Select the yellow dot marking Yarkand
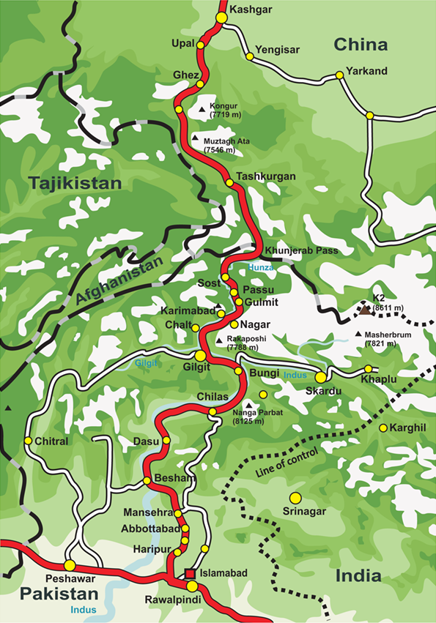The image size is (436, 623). [x=339, y=75]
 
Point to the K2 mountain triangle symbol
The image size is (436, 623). [x=364, y=310]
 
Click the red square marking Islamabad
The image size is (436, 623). [x=190, y=573]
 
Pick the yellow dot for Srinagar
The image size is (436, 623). [x=295, y=498]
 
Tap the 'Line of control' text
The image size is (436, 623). [x=287, y=461]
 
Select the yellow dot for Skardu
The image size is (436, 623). [x=321, y=376]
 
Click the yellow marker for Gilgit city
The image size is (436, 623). [x=200, y=355]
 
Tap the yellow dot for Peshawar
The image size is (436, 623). [x=70, y=565]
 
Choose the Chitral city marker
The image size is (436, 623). [x=28, y=441]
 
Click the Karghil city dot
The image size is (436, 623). [x=383, y=428]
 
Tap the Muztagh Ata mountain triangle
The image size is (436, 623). [x=195, y=138]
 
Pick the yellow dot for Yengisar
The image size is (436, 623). [x=250, y=56]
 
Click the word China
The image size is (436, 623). [x=361, y=45]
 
